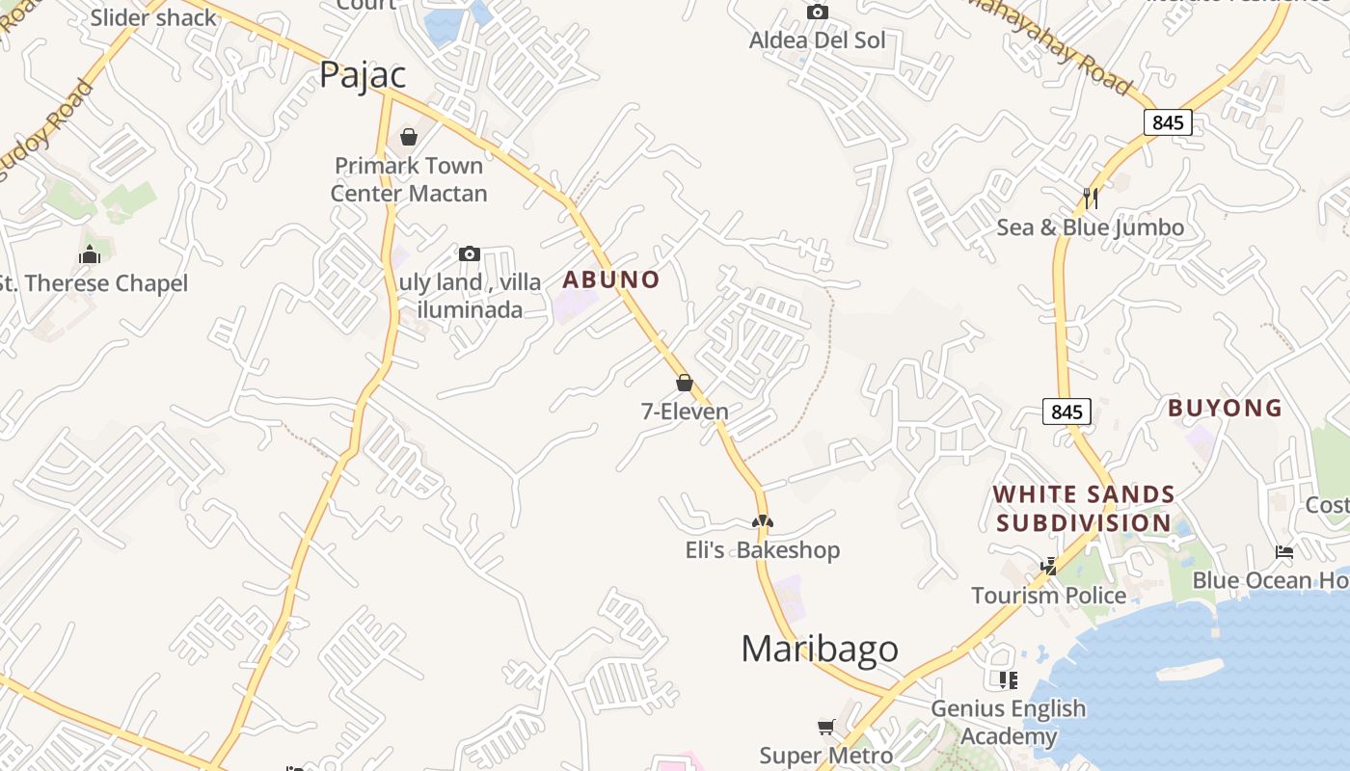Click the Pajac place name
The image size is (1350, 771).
click(x=363, y=74)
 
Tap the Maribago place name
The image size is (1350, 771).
click(x=819, y=649)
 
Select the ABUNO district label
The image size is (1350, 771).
click(x=611, y=280)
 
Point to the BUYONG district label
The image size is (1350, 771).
click(x=1225, y=408)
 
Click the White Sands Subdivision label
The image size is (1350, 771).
click(x=1084, y=509)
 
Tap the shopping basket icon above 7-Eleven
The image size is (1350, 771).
click(x=685, y=383)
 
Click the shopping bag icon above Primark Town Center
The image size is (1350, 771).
click(x=409, y=137)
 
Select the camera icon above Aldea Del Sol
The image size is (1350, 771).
click(x=818, y=13)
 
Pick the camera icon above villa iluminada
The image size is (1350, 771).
click(x=470, y=253)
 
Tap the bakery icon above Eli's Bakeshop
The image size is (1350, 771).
click(x=763, y=521)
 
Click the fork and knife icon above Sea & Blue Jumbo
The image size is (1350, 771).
click(x=1091, y=198)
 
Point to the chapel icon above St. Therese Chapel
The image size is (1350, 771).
click(x=90, y=254)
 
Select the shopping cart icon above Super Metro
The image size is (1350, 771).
click(x=826, y=727)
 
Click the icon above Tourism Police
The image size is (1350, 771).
click(x=1048, y=567)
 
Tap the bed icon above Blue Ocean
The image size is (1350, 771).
click(x=1284, y=552)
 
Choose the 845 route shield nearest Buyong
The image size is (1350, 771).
click(x=1066, y=412)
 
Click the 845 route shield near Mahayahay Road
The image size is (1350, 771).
click(x=1168, y=122)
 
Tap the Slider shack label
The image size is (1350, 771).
click(x=154, y=17)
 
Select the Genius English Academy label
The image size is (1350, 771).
click(x=1008, y=722)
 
